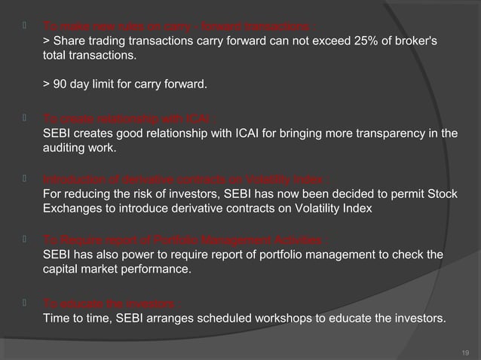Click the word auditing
(63, 149)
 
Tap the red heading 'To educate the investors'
(112, 304)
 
